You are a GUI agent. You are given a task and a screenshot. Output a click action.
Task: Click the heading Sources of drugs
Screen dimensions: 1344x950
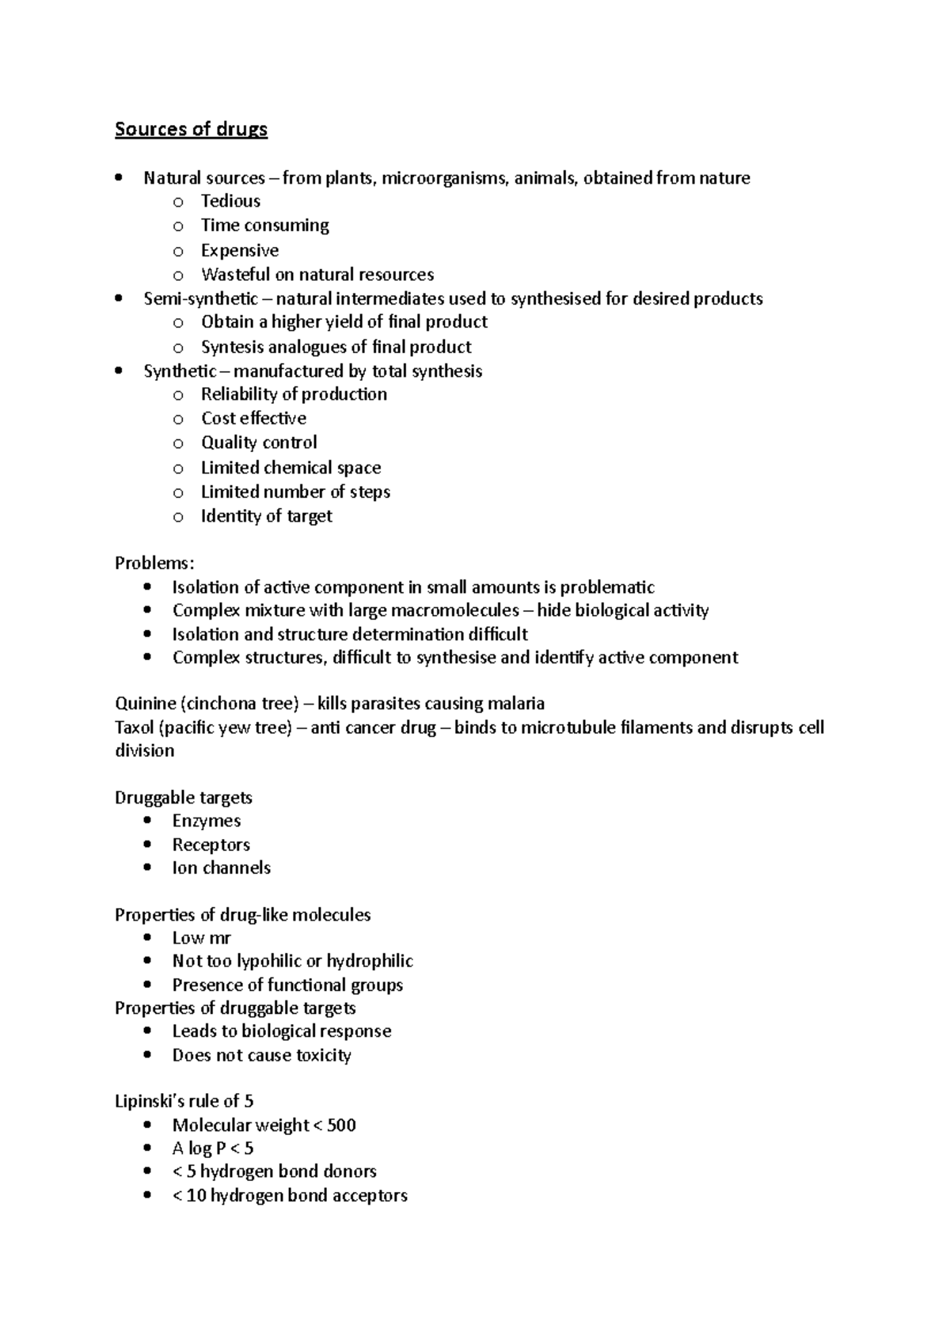(191, 129)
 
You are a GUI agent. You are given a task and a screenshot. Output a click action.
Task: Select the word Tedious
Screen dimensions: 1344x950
(230, 201)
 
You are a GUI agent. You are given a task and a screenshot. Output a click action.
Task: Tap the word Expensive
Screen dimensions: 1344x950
(239, 250)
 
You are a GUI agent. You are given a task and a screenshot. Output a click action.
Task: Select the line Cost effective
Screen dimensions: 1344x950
(253, 418)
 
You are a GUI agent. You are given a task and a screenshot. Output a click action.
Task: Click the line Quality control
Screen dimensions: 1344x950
(259, 442)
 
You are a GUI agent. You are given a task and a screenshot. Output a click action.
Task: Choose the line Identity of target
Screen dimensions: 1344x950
(266, 516)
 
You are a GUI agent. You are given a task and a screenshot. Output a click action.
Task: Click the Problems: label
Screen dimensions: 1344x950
(154, 564)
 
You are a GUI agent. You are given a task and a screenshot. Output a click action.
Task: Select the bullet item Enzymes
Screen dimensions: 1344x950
(207, 821)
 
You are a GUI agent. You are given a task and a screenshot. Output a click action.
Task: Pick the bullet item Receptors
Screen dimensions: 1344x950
(211, 845)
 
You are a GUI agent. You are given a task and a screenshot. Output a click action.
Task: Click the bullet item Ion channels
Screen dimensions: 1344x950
(222, 868)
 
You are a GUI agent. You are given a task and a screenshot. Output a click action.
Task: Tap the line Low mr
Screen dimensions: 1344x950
(202, 938)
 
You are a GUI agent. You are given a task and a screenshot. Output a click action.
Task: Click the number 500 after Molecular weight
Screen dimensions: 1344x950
(341, 1125)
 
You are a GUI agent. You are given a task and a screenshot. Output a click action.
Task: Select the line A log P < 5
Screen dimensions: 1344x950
(213, 1148)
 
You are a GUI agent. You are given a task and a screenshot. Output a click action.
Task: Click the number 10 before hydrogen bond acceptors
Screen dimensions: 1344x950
(196, 1195)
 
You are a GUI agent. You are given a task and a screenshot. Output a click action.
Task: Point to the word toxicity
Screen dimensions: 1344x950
(323, 1055)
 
